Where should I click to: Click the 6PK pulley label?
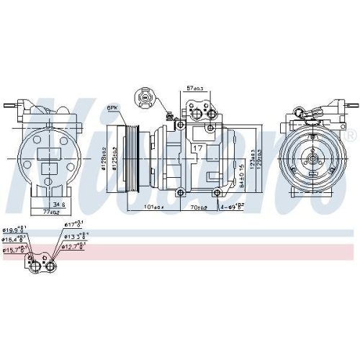click(112, 107)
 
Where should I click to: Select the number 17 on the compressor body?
click(197, 148)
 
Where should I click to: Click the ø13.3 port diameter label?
click(73, 235)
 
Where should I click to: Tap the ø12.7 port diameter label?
click(74, 246)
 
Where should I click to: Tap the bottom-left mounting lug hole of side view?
click(181, 191)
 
